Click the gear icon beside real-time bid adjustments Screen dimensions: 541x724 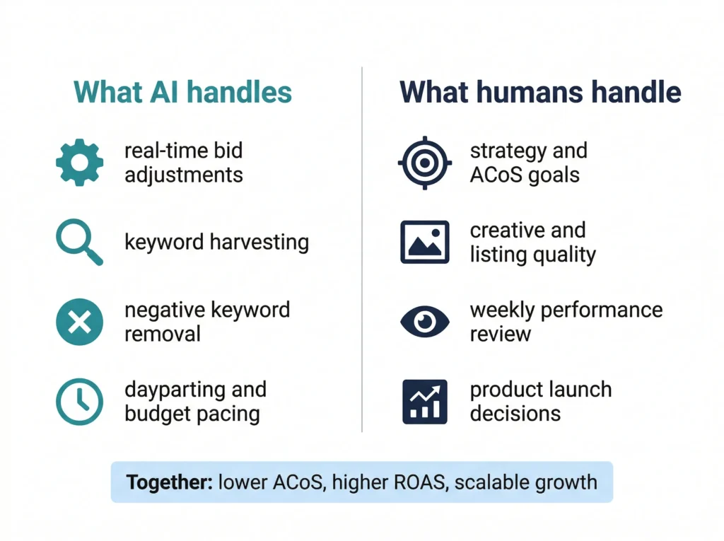[79, 162]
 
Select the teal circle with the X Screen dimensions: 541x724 [79, 322]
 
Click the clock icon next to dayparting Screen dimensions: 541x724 [79, 401]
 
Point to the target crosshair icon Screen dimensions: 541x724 [424, 162]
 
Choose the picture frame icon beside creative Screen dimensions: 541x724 [424, 242]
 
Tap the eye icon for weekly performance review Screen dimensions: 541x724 [424, 322]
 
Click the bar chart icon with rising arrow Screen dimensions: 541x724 [424, 401]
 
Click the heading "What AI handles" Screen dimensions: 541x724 [182, 93]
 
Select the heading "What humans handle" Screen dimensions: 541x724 [540, 93]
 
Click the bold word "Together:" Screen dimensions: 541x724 [168, 482]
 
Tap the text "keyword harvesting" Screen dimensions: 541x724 [216, 243]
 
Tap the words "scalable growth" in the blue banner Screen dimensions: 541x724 [526, 482]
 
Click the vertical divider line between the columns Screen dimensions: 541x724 [362, 248]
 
